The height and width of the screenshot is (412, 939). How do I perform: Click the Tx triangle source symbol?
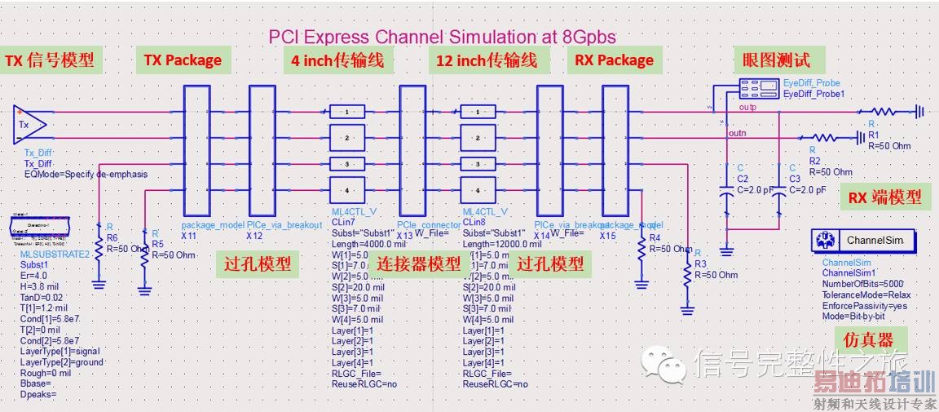(29, 124)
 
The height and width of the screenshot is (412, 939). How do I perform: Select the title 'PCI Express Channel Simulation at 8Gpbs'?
(443, 37)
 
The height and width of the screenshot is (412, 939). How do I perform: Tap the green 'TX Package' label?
(183, 60)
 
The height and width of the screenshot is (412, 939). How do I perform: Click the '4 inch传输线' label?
(337, 60)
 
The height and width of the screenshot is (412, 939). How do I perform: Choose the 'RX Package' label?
(614, 60)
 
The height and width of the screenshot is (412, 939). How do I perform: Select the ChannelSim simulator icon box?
(863, 241)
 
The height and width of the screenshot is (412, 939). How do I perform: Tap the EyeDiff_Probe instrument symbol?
(759, 86)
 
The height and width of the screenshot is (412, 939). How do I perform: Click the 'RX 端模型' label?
(884, 197)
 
